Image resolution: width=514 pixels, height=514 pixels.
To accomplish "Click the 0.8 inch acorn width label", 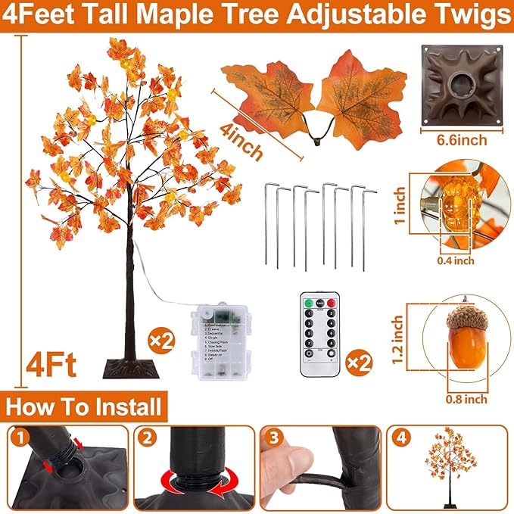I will coord(466,399).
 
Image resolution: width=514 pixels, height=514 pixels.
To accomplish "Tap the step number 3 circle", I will coord(273,437).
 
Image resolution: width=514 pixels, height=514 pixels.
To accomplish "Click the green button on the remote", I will coord(308,304).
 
